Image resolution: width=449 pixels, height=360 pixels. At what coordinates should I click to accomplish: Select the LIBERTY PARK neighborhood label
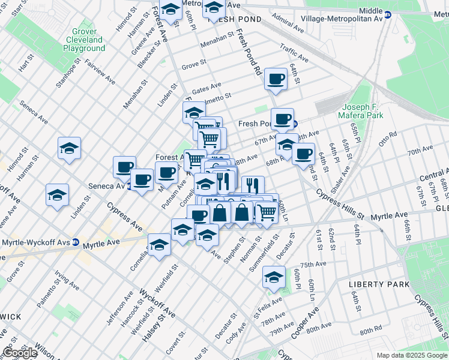(x=379, y=284)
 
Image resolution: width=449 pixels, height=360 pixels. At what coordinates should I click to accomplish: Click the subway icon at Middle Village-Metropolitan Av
(x=388, y=15)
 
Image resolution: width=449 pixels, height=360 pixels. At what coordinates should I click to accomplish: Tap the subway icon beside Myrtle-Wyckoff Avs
(x=75, y=242)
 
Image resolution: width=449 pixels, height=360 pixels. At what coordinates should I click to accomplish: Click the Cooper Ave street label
(x=305, y=322)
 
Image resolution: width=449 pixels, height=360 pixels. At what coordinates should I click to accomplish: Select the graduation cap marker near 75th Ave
(x=274, y=276)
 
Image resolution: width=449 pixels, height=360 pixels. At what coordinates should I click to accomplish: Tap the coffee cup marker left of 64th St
(x=304, y=153)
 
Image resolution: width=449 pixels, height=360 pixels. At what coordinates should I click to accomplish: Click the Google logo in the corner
(x=20, y=353)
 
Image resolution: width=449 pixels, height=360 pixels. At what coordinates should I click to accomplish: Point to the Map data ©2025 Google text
(x=412, y=355)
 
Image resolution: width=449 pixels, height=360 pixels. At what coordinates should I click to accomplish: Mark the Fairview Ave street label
(x=100, y=71)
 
